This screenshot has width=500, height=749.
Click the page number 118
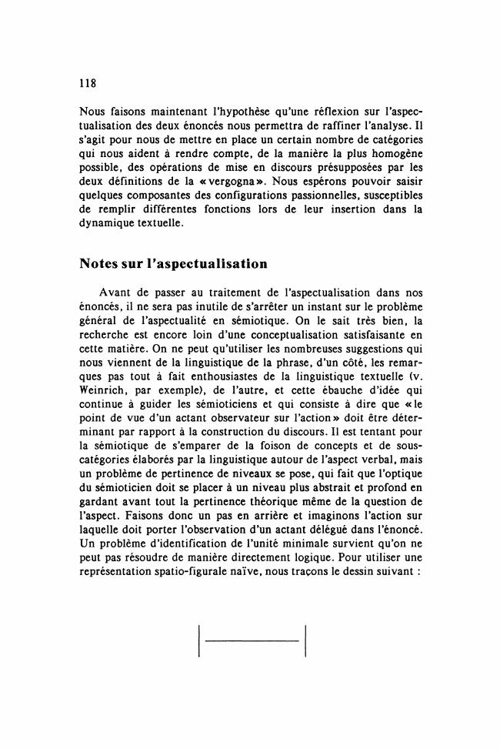88,82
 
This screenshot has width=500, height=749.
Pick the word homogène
395,155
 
